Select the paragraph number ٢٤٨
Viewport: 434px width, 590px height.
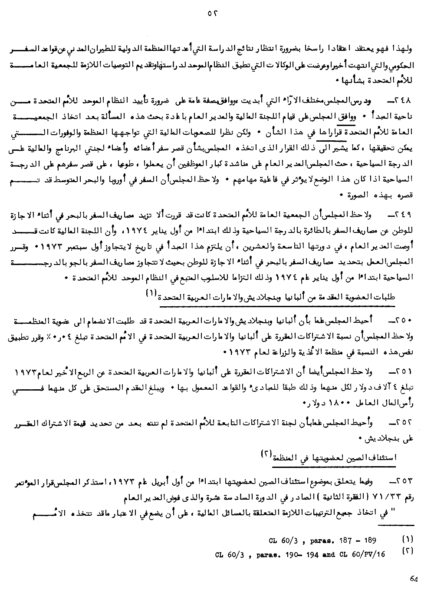tap(408, 101)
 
